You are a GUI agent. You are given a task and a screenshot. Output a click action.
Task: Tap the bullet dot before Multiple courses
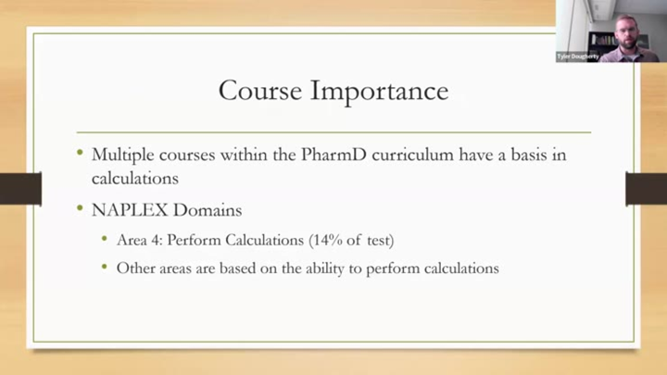(x=81, y=154)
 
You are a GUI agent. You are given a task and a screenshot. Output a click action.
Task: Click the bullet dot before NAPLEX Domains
(x=81, y=209)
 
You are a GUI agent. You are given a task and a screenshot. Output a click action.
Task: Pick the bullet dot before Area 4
(x=106, y=240)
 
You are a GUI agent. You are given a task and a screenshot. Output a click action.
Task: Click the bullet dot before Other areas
(x=106, y=269)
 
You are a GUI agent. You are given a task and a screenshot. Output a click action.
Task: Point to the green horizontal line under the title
(x=333, y=132)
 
